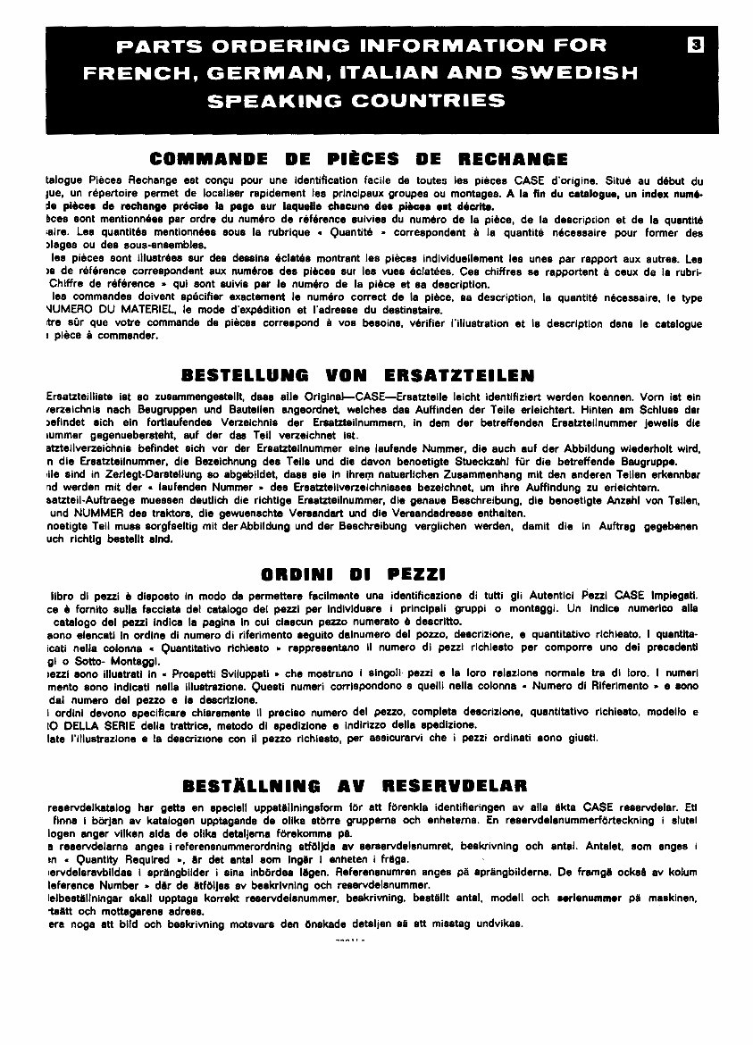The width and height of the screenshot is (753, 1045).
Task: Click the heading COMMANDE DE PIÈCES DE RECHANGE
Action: [359, 160]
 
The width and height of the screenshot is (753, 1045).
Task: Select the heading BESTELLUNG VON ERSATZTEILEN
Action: [357, 373]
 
